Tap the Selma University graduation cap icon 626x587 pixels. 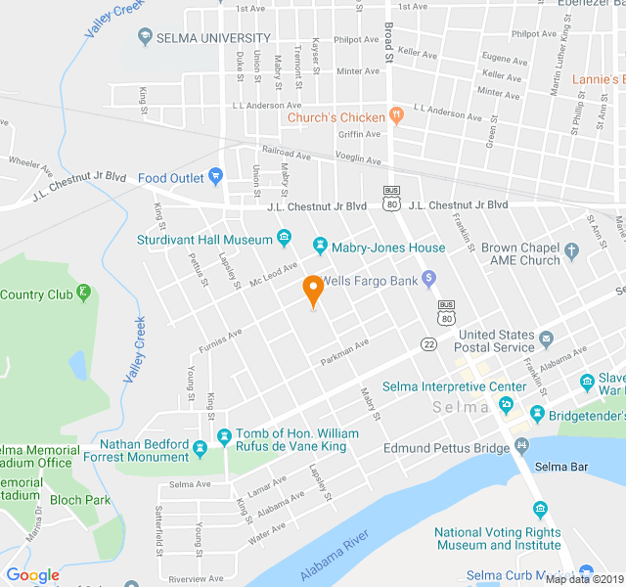(145, 37)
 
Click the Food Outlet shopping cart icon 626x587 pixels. (216, 178)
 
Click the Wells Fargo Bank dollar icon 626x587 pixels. (427, 281)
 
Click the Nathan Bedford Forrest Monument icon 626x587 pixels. (201, 449)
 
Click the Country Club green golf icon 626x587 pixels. (85, 292)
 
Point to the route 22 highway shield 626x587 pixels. (428, 343)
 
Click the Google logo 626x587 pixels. (33, 574)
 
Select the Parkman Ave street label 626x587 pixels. (344, 351)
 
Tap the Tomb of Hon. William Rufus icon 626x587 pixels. (224, 433)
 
